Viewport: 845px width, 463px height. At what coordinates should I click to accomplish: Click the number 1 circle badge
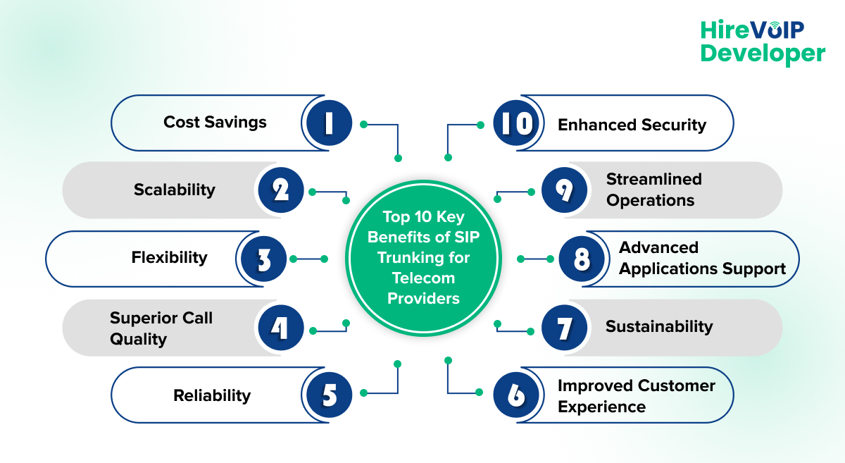click(x=328, y=123)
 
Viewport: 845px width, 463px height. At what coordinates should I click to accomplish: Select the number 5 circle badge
click(x=328, y=395)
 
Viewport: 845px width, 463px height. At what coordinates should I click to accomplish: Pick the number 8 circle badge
click(x=581, y=259)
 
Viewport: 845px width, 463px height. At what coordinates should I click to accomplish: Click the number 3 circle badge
click(x=263, y=259)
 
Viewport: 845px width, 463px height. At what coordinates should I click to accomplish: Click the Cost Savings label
click(x=215, y=122)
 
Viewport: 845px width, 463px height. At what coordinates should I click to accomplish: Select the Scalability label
click(x=175, y=190)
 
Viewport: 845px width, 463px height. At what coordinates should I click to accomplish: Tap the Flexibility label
click(x=169, y=257)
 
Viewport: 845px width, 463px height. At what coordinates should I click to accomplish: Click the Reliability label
click(x=212, y=395)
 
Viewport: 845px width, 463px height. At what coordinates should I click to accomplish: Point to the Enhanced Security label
click(x=632, y=125)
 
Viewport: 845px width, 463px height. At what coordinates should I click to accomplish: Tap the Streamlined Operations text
click(x=653, y=190)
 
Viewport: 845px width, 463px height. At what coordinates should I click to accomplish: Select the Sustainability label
click(x=659, y=326)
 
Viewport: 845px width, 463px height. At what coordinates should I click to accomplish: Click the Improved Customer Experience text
click(x=636, y=396)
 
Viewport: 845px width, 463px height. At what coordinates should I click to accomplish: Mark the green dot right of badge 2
click(x=311, y=191)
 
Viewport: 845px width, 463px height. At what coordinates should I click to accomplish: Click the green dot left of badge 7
click(x=532, y=330)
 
